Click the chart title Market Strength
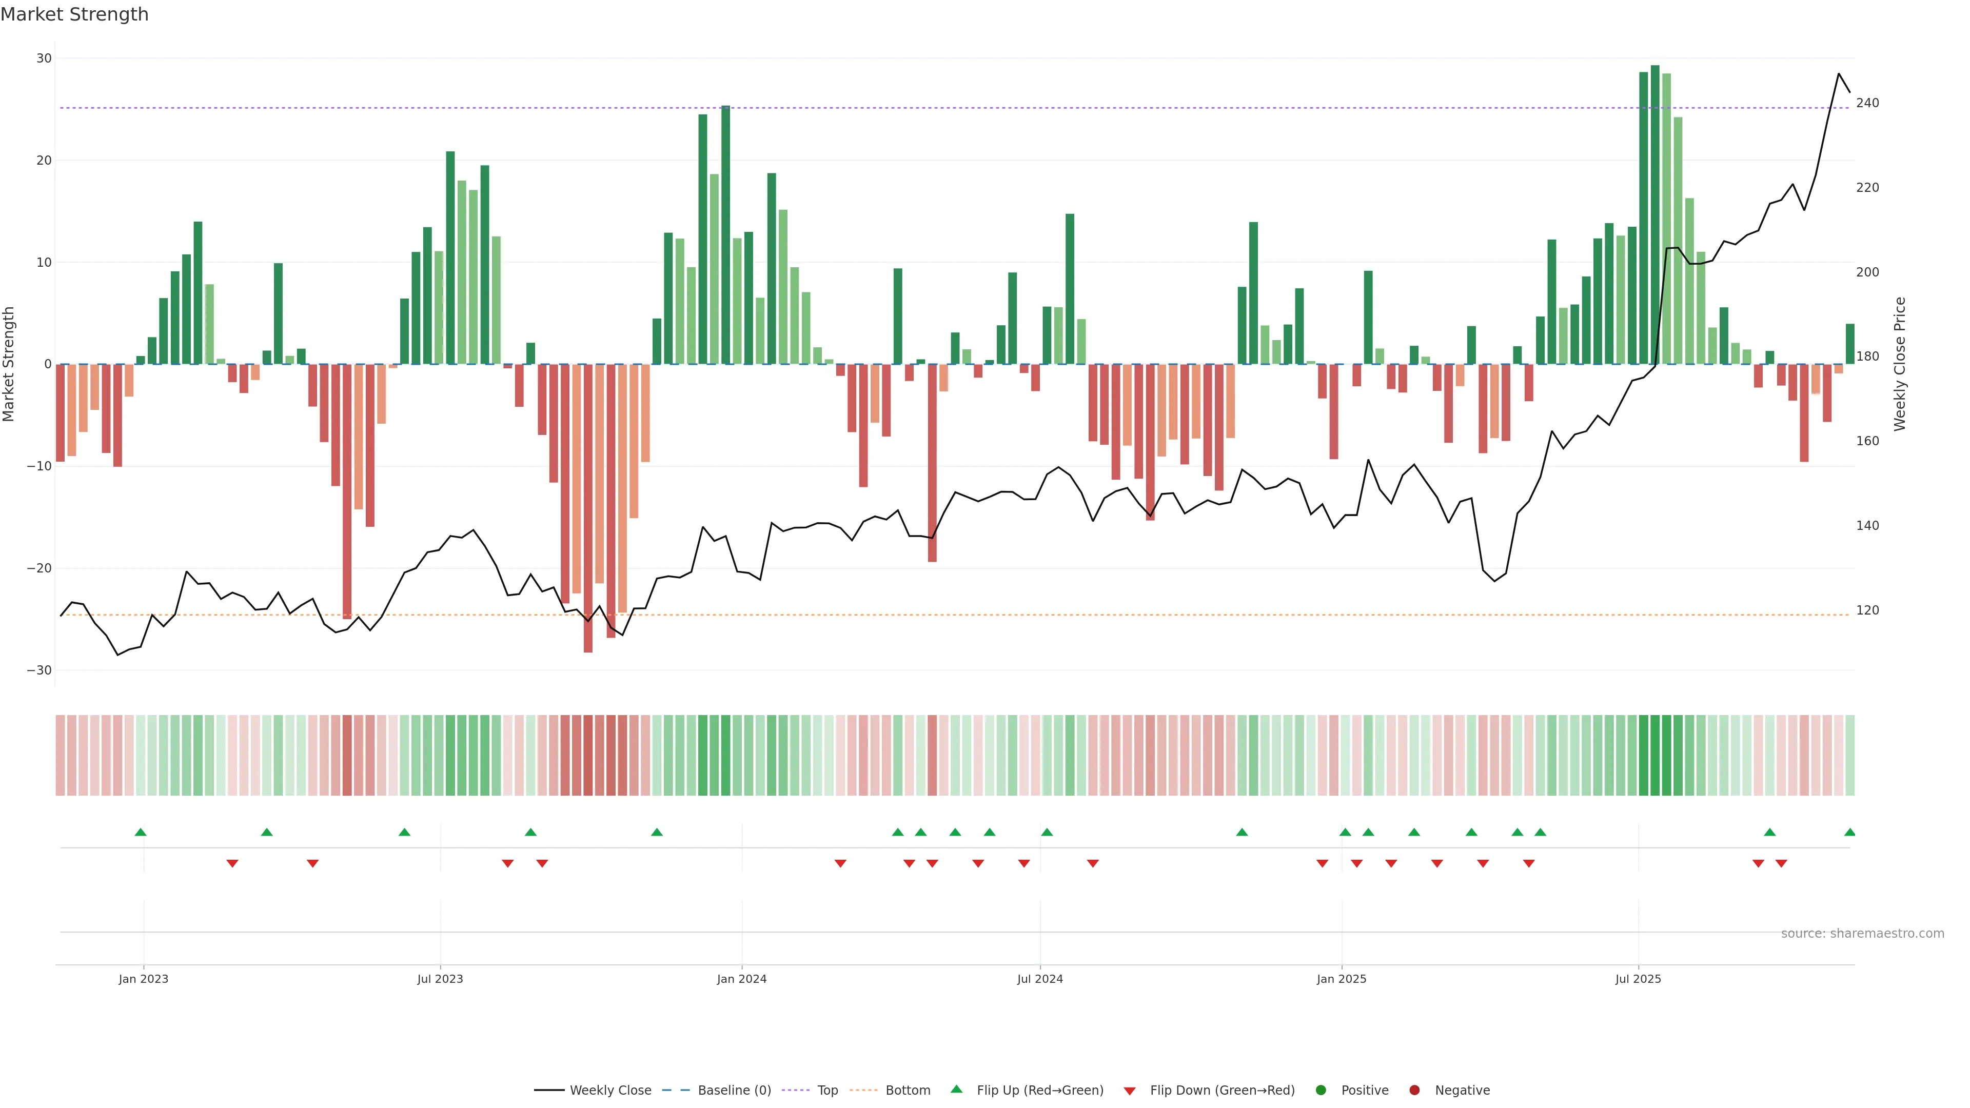pyautogui.click(x=74, y=14)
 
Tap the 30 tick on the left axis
pyautogui.click(x=44, y=58)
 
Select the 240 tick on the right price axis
pyautogui.click(x=1867, y=103)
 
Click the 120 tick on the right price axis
pyautogui.click(x=1867, y=610)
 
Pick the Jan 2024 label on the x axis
pyautogui.click(x=741, y=979)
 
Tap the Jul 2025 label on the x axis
pyautogui.click(x=1638, y=979)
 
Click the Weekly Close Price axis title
pyautogui.click(x=1900, y=364)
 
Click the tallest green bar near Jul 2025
pyautogui.click(x=1655, y=214)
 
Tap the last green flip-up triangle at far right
pyautogui.click(x=1849, y=832)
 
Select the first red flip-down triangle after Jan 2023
pyautogui.click(x=232, y=863)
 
